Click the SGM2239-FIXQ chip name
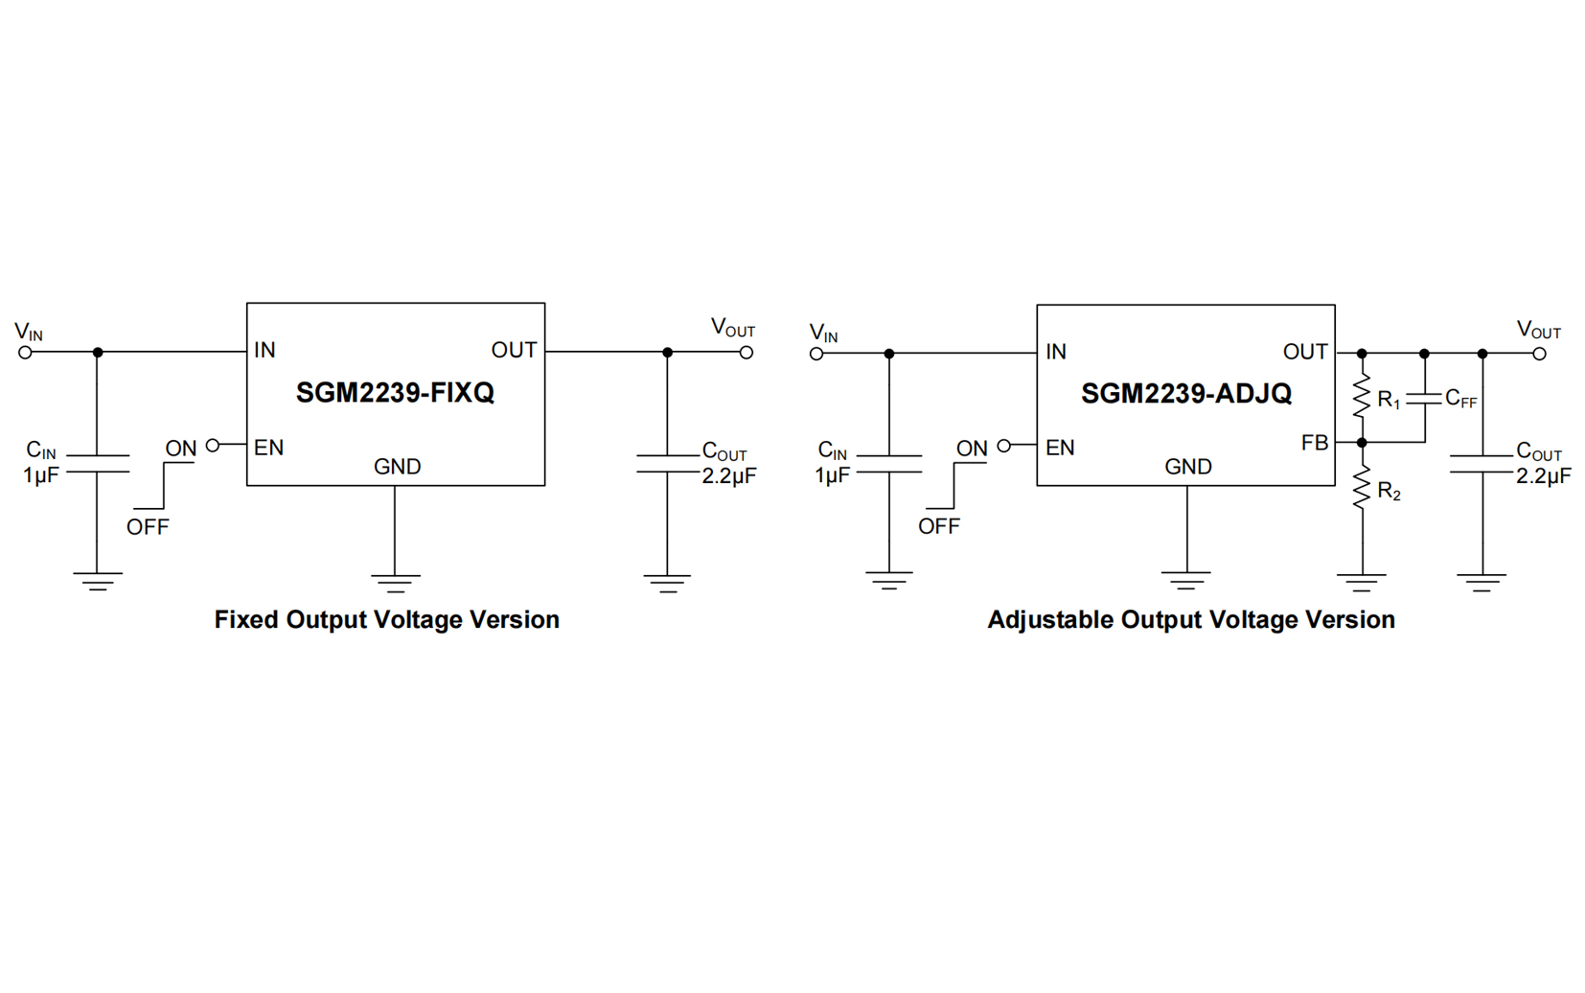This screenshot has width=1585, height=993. pos(395,393)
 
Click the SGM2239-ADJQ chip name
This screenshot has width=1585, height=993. pos(1186,394)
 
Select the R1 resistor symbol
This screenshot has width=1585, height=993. pos(1362,397)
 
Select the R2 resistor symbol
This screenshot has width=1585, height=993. pos(1362,489)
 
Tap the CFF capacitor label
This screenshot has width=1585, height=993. pos(1460,399)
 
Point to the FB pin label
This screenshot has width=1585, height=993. pos(1315,443)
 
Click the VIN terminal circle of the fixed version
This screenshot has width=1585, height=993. pos(26,353)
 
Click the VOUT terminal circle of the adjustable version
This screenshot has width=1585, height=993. pos(1539,354)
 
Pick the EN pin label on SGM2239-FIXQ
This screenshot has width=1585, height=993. pos(268,448)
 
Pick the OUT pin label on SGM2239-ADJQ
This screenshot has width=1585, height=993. pos(1305,353)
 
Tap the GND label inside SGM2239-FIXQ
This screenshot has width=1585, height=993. pos(397,467)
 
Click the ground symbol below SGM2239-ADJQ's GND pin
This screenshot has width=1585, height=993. pos(1186,579)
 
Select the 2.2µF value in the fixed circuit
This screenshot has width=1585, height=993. pos(729,476)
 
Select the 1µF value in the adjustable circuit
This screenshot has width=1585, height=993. pos(832,475)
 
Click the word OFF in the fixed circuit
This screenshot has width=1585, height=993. pos(148,527)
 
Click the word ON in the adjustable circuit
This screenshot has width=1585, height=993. pos(972,449)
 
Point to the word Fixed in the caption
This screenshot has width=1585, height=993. pos(246,620)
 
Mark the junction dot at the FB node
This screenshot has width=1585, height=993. pos(1362,443)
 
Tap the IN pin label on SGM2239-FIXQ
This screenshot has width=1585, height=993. pos(264,351)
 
